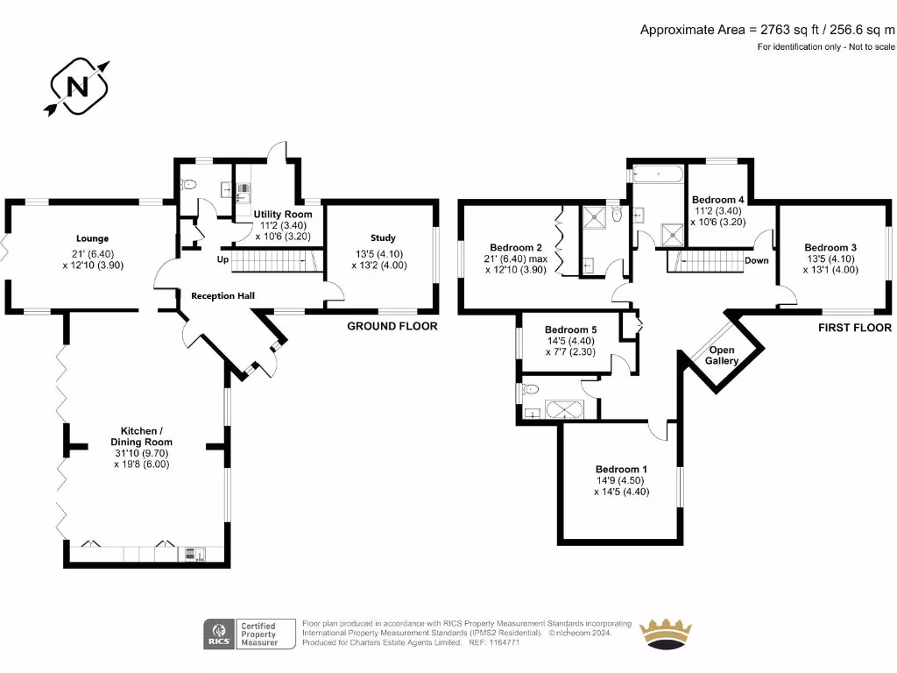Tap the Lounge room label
(x=92, y=238)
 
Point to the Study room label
(x=383, y=238)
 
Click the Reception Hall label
(x=222, y=296)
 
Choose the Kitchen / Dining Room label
(x=141, y=436)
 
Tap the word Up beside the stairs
(x=223, y=260)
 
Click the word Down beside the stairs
(x=756, y=260)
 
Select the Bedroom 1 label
(x=621, y=469)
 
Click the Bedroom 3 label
(x=830, y=247)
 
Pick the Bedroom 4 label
(x=717, y=199)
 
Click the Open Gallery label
(x=723, y=355)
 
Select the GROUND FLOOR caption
(x=392, y=326)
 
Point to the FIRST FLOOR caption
(x=854, y=328)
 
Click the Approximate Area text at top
(x=766, y=30)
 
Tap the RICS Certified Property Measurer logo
(x=249, y=633)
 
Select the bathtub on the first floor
(x=657, y=173)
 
